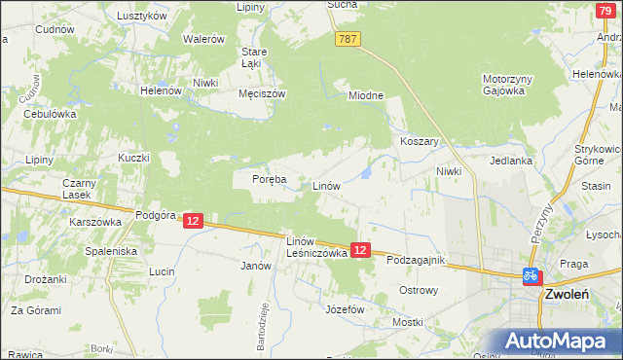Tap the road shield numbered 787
click(x=349, y=39)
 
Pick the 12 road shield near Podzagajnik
click(x=360, y=250)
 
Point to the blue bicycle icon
click(x=531, y=275)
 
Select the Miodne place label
click(x=367, y=95)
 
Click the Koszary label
click(x=421, y=141)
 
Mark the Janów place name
click(x=255, y=265)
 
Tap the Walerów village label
click(x=204, y=39)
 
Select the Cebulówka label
click(x=50, y=113)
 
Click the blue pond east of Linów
click(x=365, y=173)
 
